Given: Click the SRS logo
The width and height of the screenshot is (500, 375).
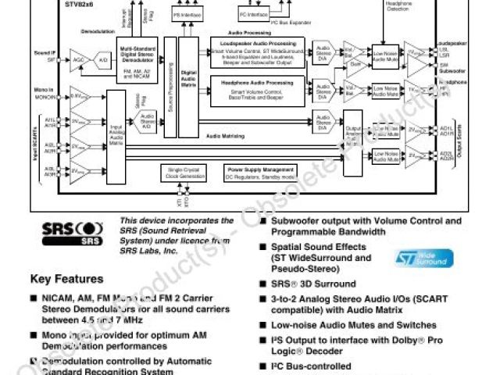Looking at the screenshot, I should (x=71, y=234).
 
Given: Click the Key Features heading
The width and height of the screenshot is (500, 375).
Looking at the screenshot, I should (x=66, y=279).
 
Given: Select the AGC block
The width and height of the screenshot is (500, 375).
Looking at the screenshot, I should (x=77, y=59).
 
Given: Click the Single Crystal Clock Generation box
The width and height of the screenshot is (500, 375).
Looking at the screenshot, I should (x=184, y=172).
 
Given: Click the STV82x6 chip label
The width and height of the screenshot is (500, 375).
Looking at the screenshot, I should (x=77, y=4).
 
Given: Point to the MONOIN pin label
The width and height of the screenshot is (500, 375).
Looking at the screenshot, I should (x=43, y=95).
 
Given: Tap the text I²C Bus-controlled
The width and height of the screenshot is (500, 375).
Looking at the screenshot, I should (x=311, y=366).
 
